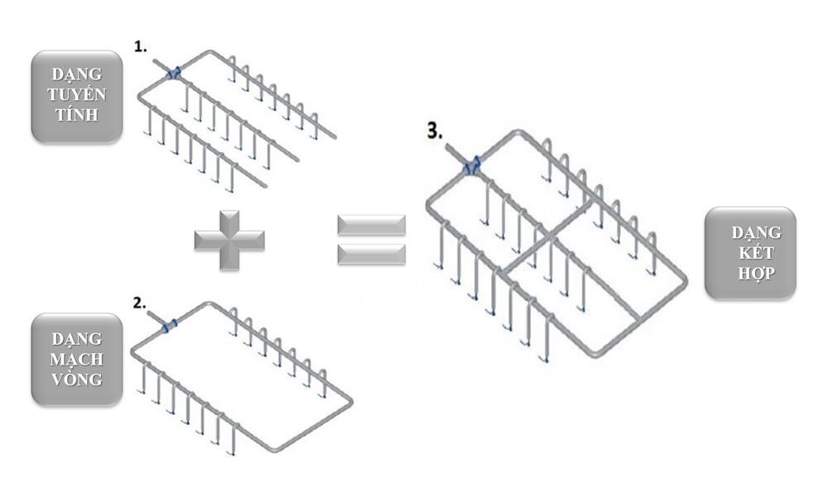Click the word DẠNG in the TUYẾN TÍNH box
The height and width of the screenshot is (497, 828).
click(76, 75)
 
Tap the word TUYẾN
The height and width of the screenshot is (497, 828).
click(76, 94)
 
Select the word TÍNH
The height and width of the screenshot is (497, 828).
click(76, 114)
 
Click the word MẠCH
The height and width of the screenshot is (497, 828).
click(76, 360)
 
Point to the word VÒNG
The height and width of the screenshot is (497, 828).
click(76, 380)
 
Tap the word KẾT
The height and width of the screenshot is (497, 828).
click(756, 253)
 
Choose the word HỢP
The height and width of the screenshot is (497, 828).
click(756, 273)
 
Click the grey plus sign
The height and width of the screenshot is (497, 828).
click(229, 241)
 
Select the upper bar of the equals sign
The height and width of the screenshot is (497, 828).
click(371, 225)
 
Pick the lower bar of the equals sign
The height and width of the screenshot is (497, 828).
click(371, 254)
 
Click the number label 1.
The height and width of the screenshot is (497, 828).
click(140, 46)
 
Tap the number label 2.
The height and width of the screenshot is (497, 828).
click(139, 303)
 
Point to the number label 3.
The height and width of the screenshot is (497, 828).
click(435, 131)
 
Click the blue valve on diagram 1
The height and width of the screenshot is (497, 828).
click(173, 74)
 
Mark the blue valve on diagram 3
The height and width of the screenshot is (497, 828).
click(472, 165)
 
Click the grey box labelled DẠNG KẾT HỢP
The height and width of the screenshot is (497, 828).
click(750, 253)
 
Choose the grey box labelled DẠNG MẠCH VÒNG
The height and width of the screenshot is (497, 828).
click(77, 359)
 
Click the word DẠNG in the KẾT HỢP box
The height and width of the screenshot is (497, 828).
click(756, 232)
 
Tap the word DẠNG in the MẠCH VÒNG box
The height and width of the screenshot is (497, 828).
click(76, 339)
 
